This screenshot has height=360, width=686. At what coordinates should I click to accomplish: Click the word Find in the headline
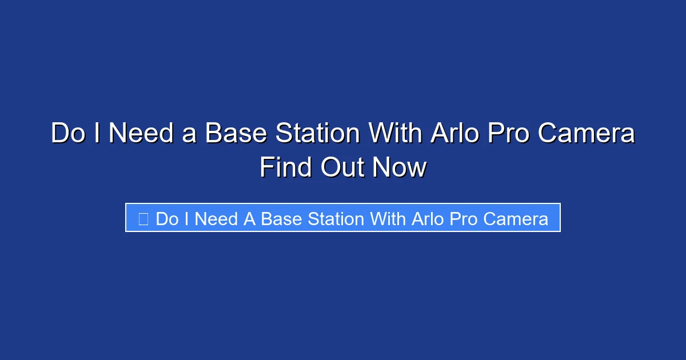[286, 168]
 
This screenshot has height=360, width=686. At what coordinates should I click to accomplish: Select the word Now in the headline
[400, 168]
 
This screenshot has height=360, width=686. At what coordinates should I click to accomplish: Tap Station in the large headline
[318, 134]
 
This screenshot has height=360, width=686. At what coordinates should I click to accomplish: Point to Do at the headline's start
[67, 134]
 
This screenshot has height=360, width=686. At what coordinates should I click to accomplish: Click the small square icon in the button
[143, 218]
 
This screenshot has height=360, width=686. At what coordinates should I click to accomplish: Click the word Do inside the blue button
[167, 219]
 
